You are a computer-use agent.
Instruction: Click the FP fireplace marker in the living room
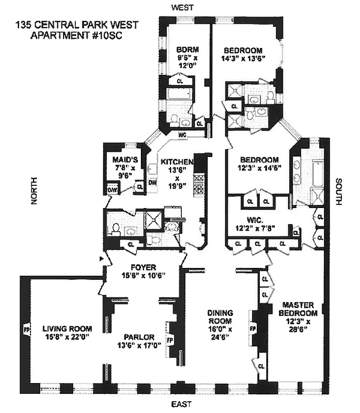click(x=26, y=328)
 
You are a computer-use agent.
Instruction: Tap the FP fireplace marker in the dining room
click(x=253, y=328)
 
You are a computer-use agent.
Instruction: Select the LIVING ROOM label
click(x=67, y=328)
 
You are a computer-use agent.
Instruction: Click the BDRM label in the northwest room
click(x=184, y=50)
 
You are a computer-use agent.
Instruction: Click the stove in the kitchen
click(x=198, y=185)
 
